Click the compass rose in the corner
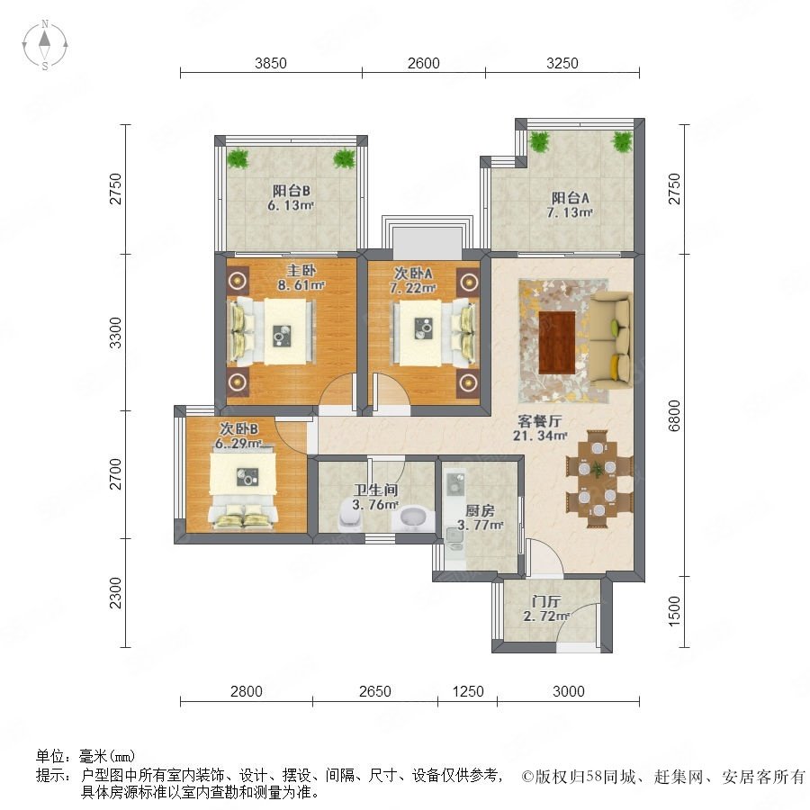pos(45,45)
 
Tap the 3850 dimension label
pos(271,63)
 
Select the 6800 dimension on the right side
pos(674,415)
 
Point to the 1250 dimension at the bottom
pos(468,691)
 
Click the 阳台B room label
pos(292,191)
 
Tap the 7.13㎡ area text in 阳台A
pos(570,212)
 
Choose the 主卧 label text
pos(301,270)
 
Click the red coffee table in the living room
pos(557,343)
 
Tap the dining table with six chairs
pos(598,479)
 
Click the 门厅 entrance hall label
pos(546,601)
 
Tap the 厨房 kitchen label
pos(480,511)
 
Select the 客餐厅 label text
pos(540,421)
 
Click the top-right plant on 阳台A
pos(622,141)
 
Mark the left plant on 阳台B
pos(238,157)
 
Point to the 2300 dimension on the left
pos(116,593)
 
